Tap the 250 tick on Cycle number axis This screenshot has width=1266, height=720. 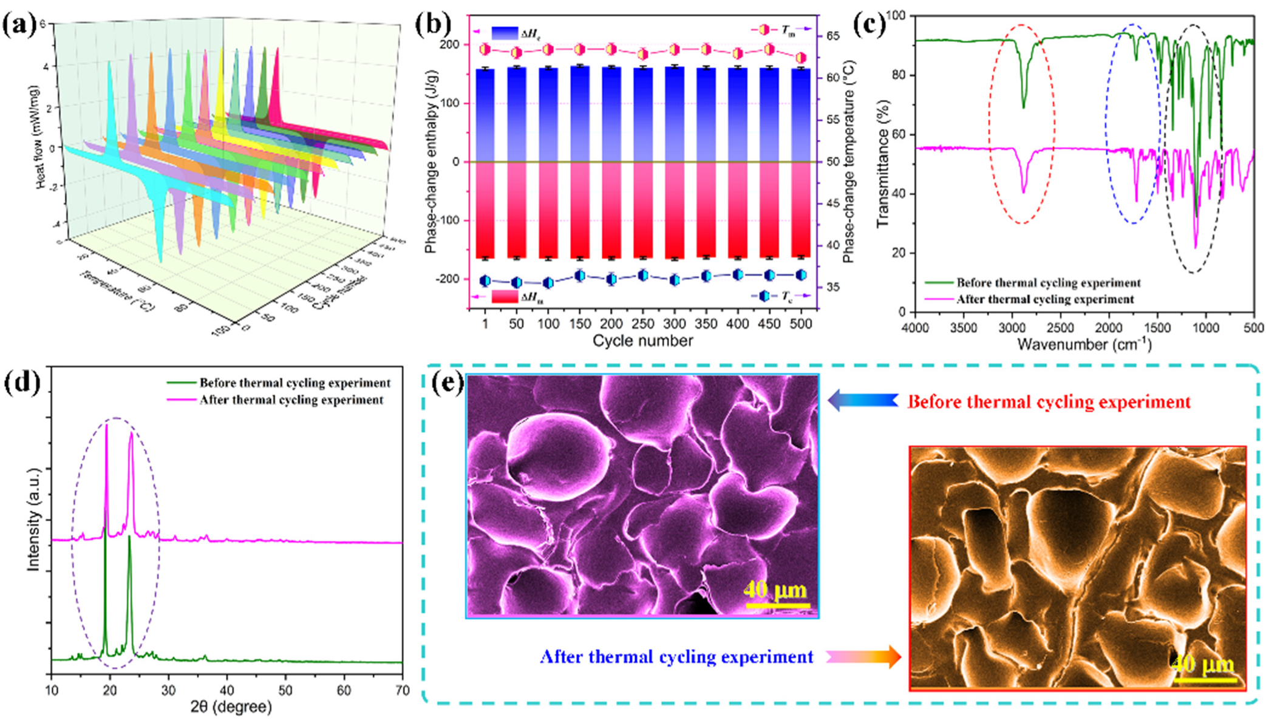click(643, 324)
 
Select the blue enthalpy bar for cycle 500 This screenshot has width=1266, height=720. click(801, 115)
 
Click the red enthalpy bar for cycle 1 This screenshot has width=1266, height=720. click(485, 209)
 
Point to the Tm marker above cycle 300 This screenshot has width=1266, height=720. click(675, 50)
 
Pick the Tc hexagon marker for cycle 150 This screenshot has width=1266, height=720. click(580, 276)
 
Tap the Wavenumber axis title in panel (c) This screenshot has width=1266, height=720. click(1084, 344)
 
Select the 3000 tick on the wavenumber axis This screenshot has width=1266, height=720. click(1012, 328)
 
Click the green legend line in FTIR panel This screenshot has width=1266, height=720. click(939, 283)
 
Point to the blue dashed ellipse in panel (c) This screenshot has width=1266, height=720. click(1133, 124)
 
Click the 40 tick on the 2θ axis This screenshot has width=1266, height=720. click(227, 690)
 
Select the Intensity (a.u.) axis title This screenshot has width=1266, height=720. click(33, 520)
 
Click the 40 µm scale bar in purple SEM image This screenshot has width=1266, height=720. click(777, 605)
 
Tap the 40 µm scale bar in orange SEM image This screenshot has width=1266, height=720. click(1205, 679)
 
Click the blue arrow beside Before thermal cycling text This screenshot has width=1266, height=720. click(862, 401)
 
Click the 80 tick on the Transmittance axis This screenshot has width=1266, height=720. click(907, 75)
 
